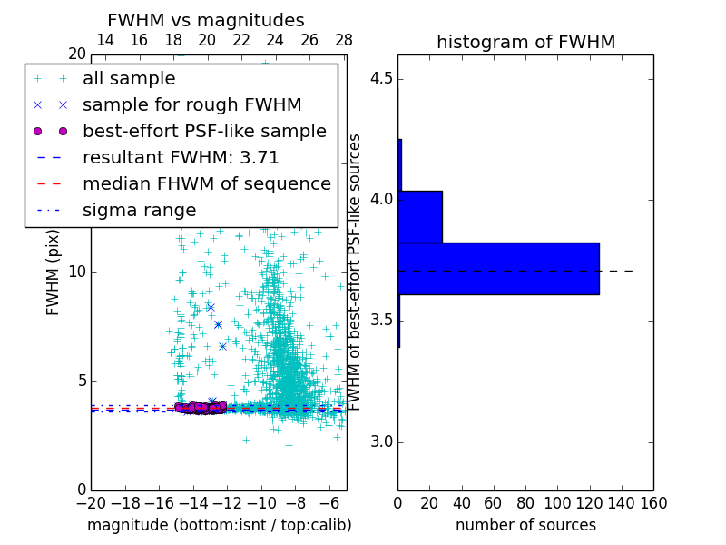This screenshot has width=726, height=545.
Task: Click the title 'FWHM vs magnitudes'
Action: pyautogui.click(x=206, y=20)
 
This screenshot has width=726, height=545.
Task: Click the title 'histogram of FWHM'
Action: pyautogui.click(x=525, y=42)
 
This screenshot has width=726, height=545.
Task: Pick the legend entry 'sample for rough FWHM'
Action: pyautogui.click(x=191, y=104)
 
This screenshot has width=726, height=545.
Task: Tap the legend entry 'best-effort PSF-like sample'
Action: pyautogui.click(x=204, y=131)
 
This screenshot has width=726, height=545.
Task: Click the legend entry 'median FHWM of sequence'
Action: pyautogui.click(x=206, y=183)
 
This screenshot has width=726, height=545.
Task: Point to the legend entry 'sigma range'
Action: pyautogui.click(x=139, y=211)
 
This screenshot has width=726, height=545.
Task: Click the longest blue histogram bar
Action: pyautogui.click(x=498, y=269)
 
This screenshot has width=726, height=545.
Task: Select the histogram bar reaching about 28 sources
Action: pyautogui.click(x=420, y=217)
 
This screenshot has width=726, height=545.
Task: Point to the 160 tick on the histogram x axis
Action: pyautogui.click(x=653, y=501)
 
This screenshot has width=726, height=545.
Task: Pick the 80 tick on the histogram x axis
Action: pyautogui.click(x=525, y=501)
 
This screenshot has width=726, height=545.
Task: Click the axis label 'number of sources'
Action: pyautogui.click(x=525, y=525)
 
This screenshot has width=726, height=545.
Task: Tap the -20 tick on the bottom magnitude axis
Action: pyautogui.click(x=91, y=501)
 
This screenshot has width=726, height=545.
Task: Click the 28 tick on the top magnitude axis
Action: pyautogui.click(x=344, y=40)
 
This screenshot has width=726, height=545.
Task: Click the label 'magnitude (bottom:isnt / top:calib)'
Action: pyautogui.click(x=219, y=525)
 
